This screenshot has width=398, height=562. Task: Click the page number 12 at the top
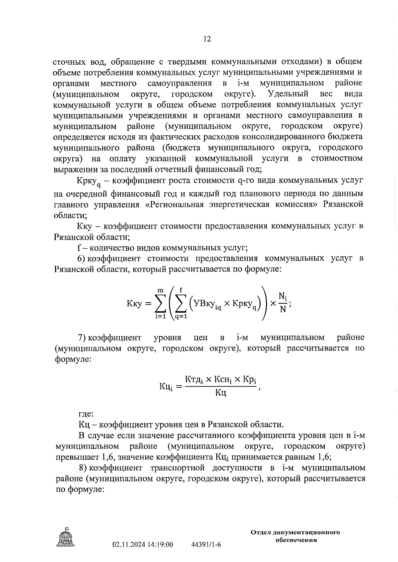click(x=207, y=39)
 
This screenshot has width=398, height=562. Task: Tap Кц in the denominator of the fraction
click(x=221, y=393)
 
